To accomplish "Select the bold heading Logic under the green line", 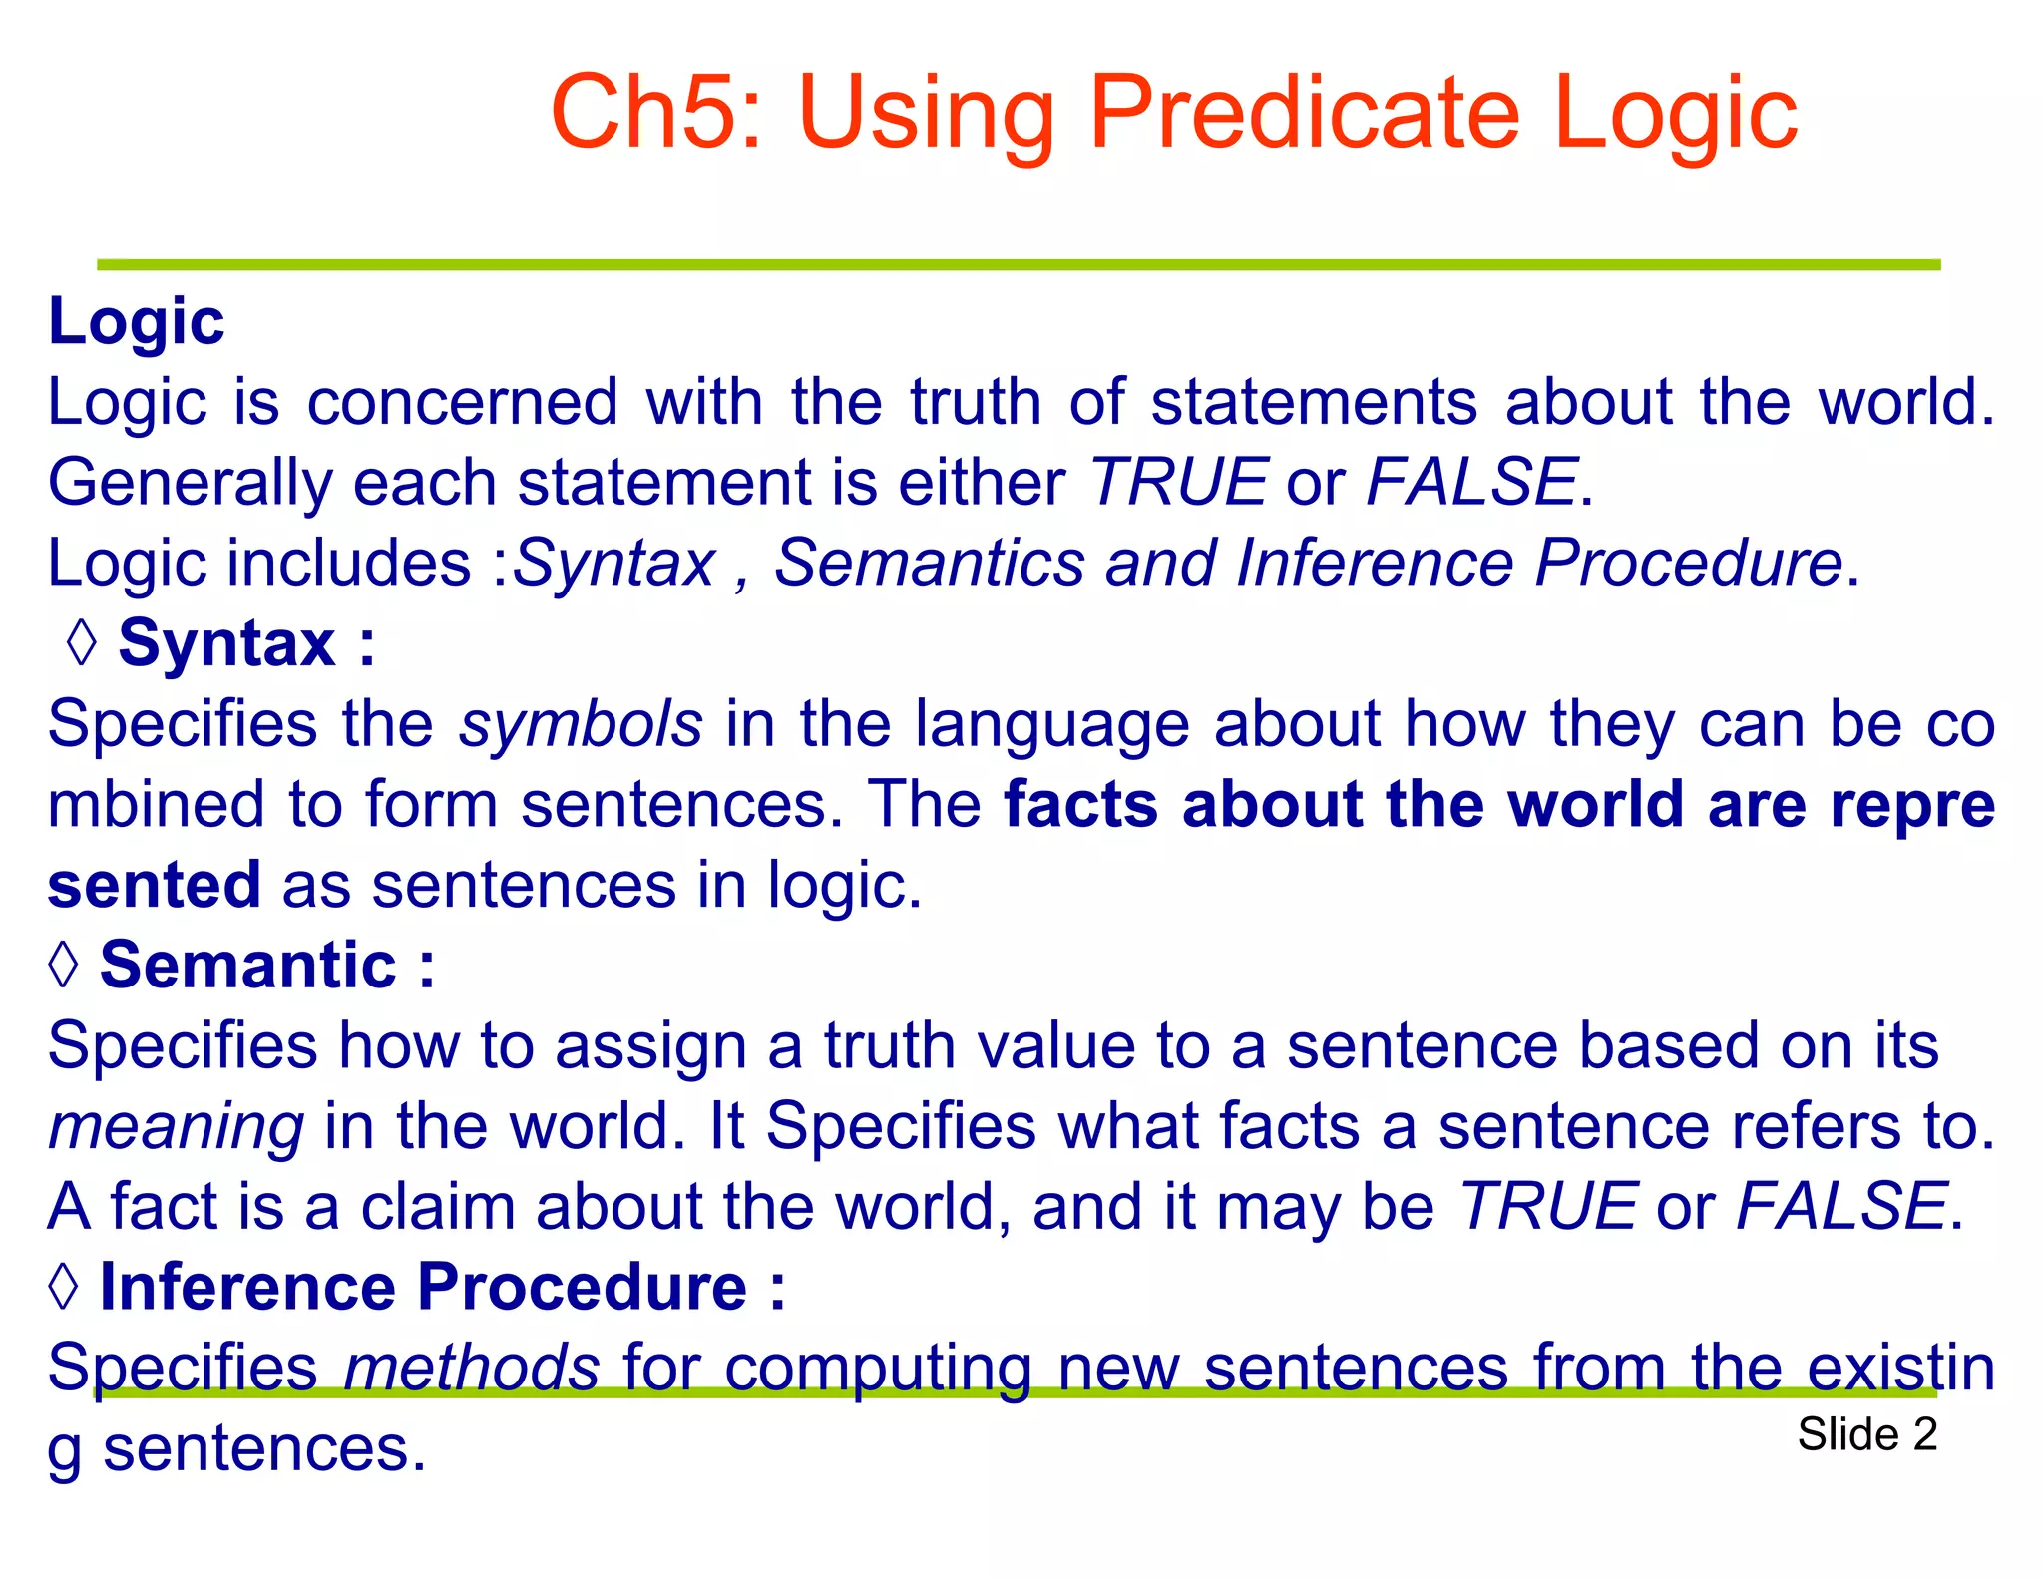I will [x=137, y=323].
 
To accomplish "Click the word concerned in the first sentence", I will [x=463, y=403].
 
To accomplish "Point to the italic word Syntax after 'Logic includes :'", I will [x=614, y=564].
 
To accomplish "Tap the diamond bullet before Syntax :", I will [x=82, y=643].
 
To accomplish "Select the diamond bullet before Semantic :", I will [x=64, y=965].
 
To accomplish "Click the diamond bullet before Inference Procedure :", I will [x=64, y=1286].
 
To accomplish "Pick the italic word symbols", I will [x=581, y=724].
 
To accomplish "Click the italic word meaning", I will [x=176, y=1127].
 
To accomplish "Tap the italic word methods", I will [x=471, y=1368].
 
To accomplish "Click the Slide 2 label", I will [x=1866, y=1434].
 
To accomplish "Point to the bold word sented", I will [x=155, y=886].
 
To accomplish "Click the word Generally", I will [x=190, y=484].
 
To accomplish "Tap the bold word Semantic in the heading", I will [x=248, y=966].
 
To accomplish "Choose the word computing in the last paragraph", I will [x=878, y=1370].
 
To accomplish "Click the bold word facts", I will [x=1081, y=805].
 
